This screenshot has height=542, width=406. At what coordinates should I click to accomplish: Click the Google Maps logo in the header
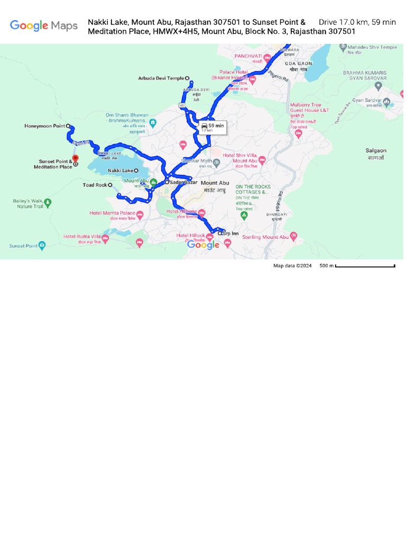click(x=44, y=25)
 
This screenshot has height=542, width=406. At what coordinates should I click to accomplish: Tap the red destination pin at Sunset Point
click(x=75, y=158)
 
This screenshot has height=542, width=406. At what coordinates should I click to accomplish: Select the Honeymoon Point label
click(x=45, y=126)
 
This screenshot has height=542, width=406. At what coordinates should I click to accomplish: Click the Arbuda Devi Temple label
click(x=161, y=78)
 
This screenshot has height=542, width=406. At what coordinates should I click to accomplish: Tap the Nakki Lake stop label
click(x=121, y=170)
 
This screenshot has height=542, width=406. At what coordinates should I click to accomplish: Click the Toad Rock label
click(x=95, y=185)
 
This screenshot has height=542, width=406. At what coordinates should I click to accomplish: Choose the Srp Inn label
click(x=230, y=233)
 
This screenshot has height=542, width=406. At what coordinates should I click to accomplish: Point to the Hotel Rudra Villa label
click(x=82, y=237)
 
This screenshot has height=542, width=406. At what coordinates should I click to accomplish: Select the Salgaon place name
click(x=376, y=151)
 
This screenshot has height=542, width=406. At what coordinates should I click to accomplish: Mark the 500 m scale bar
click(x=365, y=266)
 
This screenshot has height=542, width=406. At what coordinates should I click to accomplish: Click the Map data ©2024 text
click(x=292, y=266)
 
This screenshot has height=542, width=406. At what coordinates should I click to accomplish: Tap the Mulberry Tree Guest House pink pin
click(x=298, y=134)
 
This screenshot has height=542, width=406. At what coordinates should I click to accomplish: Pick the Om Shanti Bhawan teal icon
click(x=153, y=123)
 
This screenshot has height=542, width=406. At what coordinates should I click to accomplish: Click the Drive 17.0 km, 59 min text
click(x=357, y=22)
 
